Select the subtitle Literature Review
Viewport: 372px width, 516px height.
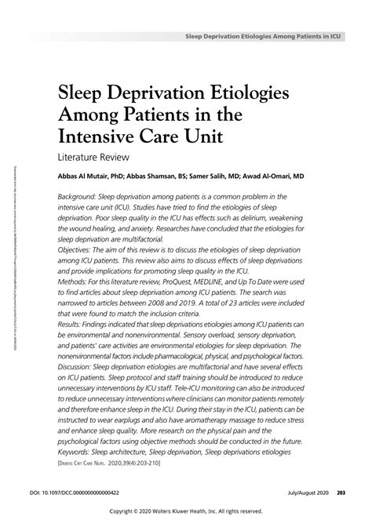96,158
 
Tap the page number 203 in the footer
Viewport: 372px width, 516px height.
342,492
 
